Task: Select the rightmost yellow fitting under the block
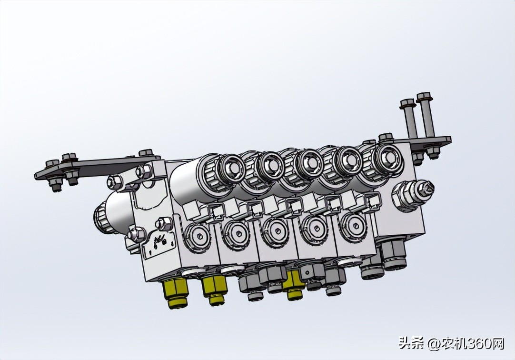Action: tap(293, 288)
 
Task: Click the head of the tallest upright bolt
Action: tap(423, 97)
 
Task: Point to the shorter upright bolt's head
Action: tap(407, 102)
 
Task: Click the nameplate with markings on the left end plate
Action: tap(158, 243)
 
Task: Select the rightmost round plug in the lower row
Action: tap(353, 224)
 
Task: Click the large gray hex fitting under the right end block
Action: tap(394, 255)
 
